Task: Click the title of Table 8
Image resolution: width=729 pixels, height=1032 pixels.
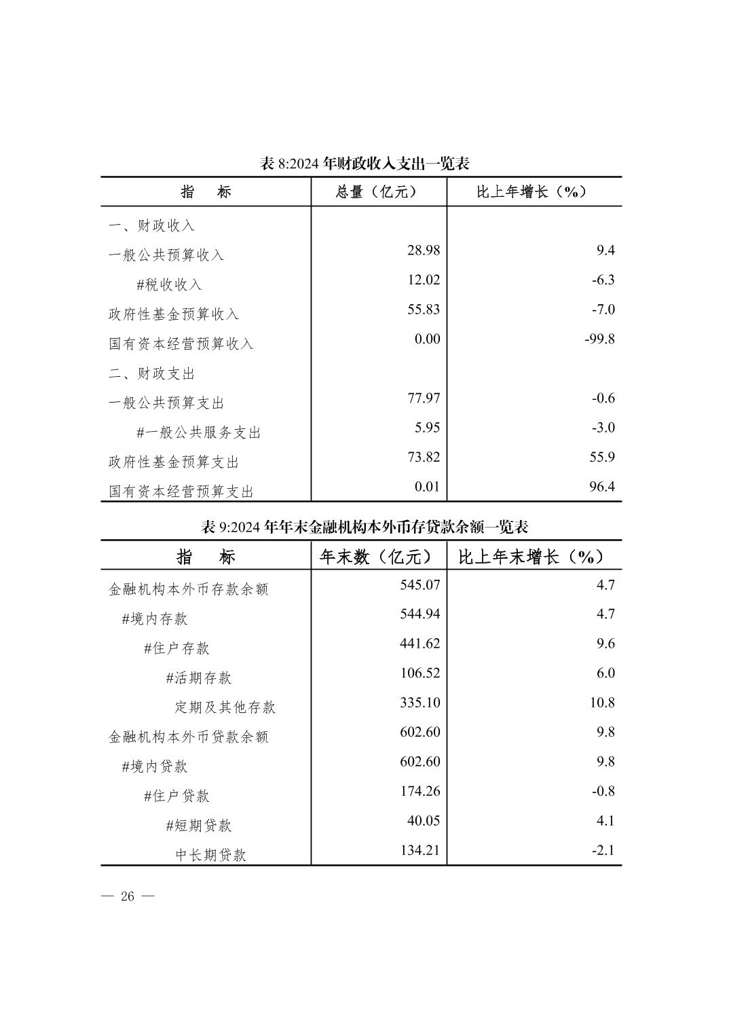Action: coord(364,164)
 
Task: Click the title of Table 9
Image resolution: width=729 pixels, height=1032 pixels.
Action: coord(364,527)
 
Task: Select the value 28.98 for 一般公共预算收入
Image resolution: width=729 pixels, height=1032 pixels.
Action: coord(424,251)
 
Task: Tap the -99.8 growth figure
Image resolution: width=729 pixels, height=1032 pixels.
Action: coord(599,339)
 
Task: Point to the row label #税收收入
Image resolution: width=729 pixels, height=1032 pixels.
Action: coord(169,284)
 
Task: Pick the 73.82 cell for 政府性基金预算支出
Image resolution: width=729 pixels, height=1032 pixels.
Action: coord(424,457)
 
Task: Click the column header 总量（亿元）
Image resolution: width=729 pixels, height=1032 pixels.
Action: coord(377,192)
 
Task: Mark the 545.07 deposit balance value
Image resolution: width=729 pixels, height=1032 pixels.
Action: coord(419,585)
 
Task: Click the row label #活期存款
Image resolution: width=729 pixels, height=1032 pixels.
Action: coord(198,678)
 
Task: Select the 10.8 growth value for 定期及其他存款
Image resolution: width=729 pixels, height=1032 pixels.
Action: coord(602,703)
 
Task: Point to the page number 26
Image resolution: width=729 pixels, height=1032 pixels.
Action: coord(128,896)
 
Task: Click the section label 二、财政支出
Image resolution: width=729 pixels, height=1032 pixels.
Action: coord(151,373)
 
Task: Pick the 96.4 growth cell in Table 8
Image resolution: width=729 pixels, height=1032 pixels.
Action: coord(602,487)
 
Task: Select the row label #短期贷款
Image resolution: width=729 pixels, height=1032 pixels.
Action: coord(198,826)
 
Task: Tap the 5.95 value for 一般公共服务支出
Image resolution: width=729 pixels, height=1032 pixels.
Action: coord(428,428)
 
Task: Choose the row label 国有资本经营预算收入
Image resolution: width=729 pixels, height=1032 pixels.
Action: coord(181,344)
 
